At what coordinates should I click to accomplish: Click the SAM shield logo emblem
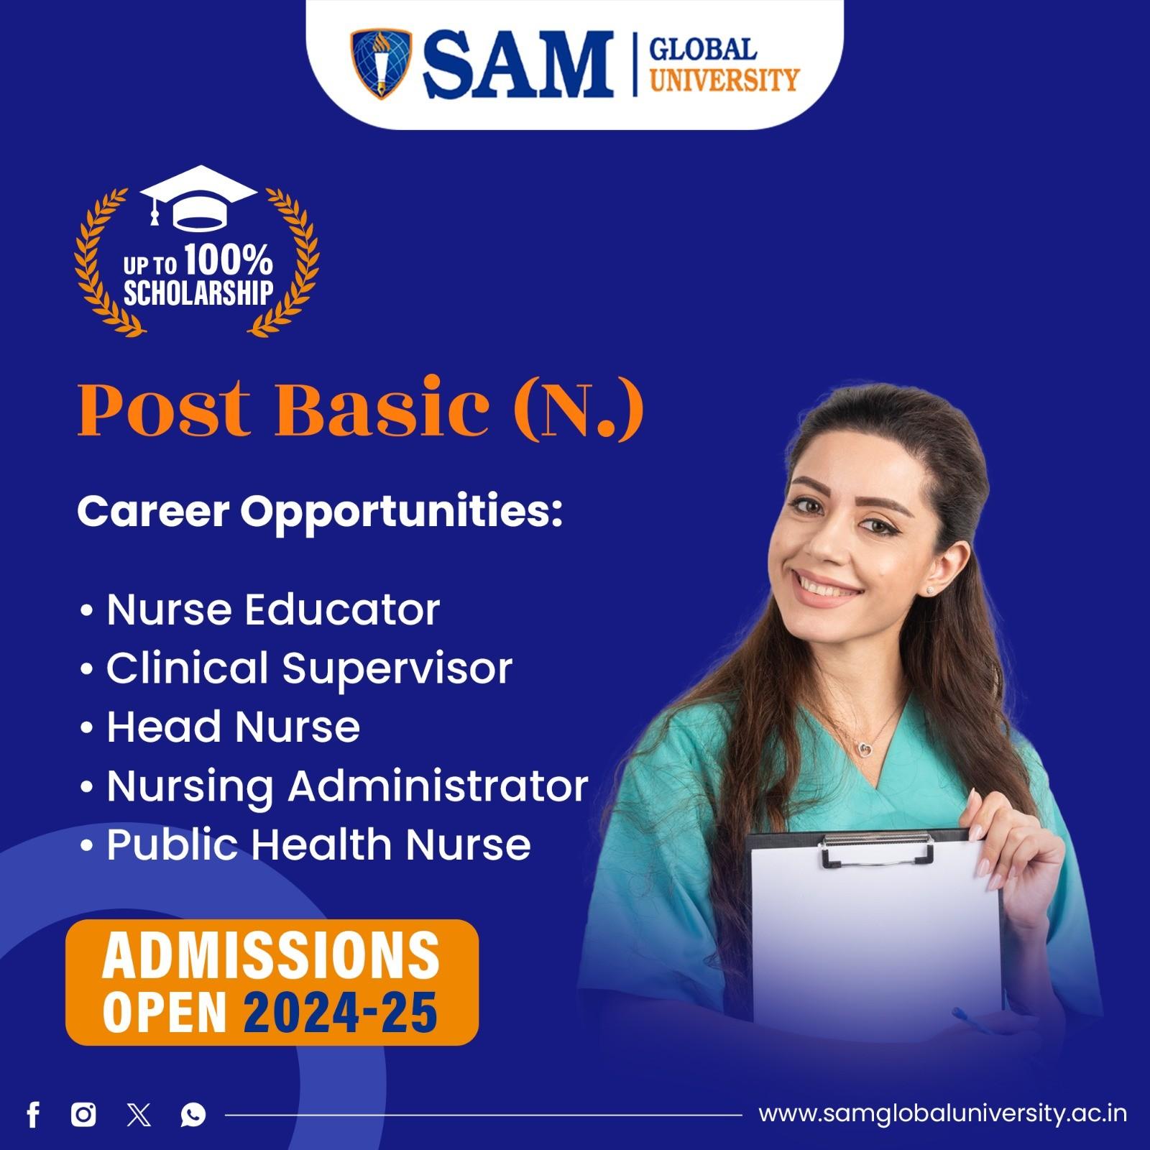381,63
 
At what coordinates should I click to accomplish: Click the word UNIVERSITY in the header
724,78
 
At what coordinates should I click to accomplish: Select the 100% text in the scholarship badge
228,260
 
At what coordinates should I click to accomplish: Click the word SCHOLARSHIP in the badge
198,293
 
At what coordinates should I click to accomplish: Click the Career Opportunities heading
320,511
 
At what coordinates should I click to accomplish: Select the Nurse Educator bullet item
273,609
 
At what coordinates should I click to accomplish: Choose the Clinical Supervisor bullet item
309,668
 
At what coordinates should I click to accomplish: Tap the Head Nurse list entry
233,726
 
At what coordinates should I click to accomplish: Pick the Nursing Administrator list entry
347,785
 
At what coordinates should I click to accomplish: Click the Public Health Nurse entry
318,844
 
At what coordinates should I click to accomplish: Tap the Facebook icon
33,1115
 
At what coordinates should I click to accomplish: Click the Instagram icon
84,1115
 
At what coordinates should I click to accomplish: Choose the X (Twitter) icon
139,1115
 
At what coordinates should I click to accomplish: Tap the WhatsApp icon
193,1115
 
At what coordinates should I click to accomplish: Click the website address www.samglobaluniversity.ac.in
942,1114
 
